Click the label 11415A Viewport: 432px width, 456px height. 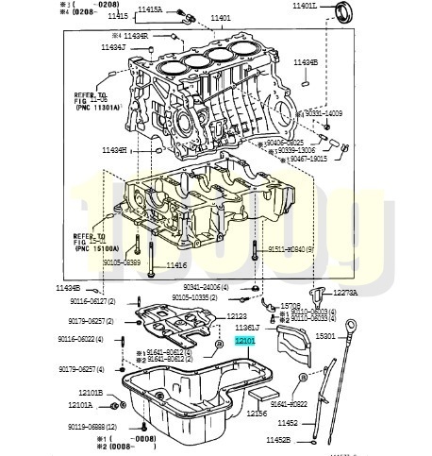point(150,8)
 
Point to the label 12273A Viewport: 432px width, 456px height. point(345,293)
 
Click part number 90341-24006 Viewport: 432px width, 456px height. point(203,287)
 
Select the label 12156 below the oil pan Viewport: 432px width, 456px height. point(258,412)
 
